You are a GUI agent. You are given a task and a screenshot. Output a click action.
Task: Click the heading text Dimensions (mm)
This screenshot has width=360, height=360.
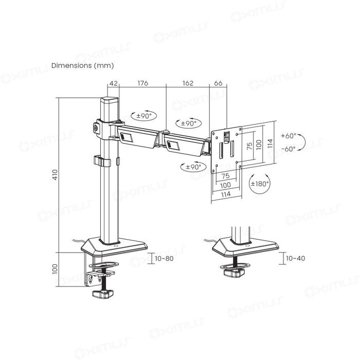tap(82, 66)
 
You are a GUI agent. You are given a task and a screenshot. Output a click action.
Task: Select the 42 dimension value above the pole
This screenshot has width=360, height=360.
tap(114, 83)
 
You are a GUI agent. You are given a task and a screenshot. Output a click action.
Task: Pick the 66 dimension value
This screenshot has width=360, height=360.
tap(218, 83)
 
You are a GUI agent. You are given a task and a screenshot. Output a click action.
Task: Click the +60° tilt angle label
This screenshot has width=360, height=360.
tap(289, 136)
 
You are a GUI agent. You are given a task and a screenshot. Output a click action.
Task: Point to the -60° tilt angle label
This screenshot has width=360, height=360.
tap(289, 149)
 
